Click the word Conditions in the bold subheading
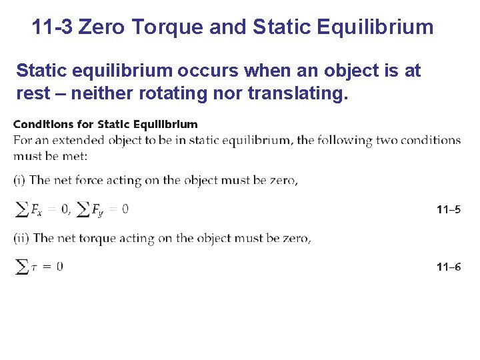pos(44,124)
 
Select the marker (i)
pos(20,180)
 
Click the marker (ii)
pos(21,238)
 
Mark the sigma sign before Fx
pos(21,210)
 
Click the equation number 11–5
pos(448,210)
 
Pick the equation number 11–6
pos(448,267)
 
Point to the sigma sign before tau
pos(21,267)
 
